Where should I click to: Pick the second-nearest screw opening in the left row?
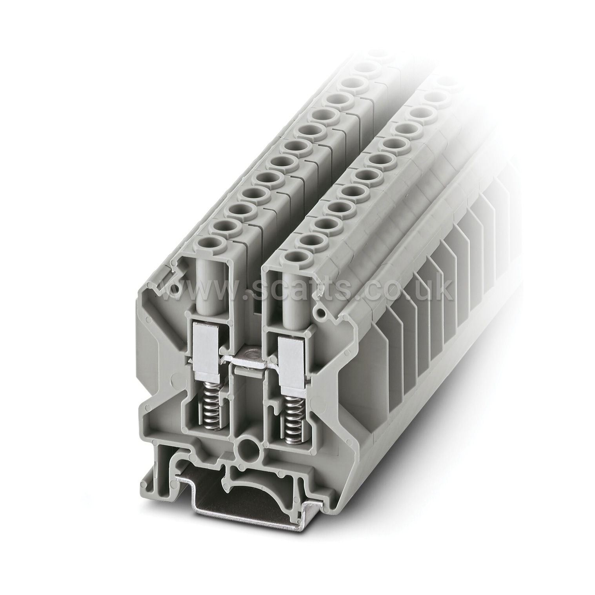[x=221, y=226]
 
